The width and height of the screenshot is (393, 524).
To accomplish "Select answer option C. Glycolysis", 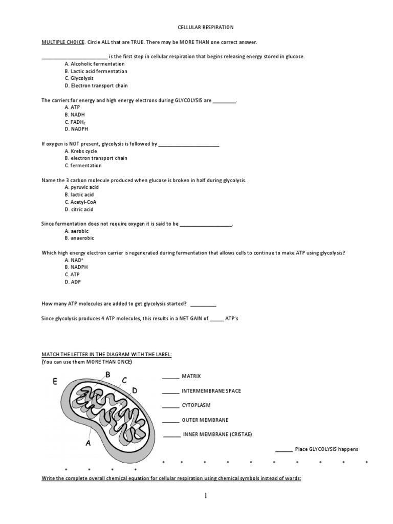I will click(79, 78).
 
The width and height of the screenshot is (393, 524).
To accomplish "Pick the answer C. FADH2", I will click(76, 122).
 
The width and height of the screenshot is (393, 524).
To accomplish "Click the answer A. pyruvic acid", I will click(81, 188).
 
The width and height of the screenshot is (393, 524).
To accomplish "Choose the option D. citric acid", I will click(79, 209).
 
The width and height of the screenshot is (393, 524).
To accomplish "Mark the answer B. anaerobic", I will click(79, 238).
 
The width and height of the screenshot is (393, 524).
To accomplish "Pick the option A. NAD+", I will click(74, 260).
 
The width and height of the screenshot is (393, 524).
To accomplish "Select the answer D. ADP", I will click(73, 281).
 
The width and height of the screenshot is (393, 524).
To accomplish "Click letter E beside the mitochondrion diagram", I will click(55, 381).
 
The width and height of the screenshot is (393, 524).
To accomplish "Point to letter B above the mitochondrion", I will click(107, 375).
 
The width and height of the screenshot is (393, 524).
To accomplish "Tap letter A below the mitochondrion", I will click(88, 444).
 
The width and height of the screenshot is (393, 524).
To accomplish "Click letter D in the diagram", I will click(135, 390).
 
